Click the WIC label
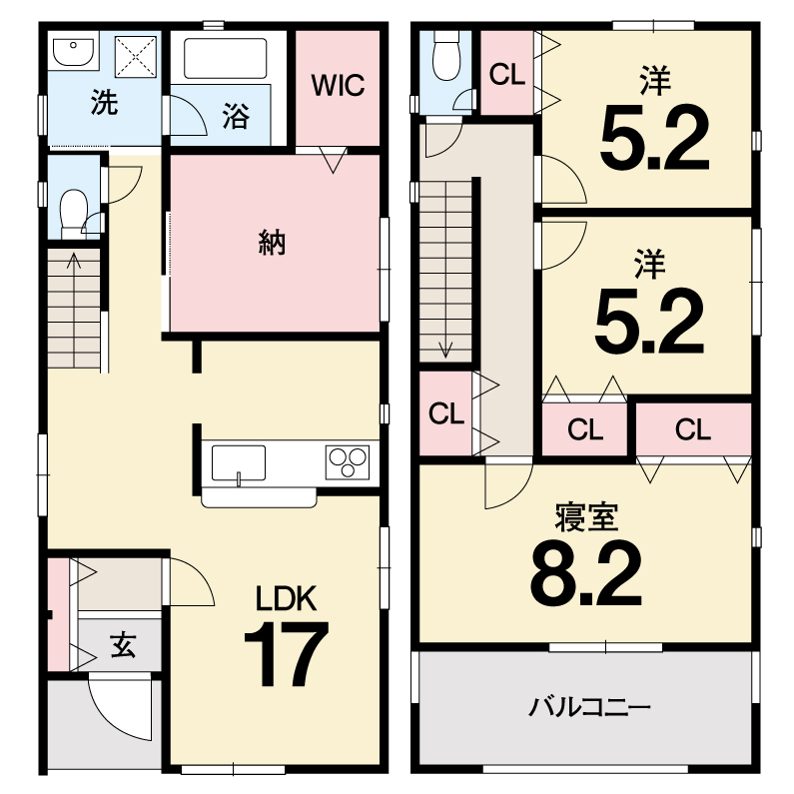(x=338, y=85)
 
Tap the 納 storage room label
(x=272, y=243)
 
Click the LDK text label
(x=286, y=598)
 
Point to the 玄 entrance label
(x=123, y=644)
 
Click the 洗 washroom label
(x=104, y=102)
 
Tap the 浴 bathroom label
(x=236, y=116)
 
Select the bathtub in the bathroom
(x=225, y=58)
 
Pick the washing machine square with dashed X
(x=135, y=57)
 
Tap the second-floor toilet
(x=446, y=56)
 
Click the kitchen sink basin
(x=238, y=463)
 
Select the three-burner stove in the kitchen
(x=348, y=462)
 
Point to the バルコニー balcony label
(x=589, y=707)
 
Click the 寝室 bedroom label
(x=586, y=517)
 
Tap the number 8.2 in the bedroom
(x=586, y=572)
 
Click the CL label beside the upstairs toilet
(x=507, y=75)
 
